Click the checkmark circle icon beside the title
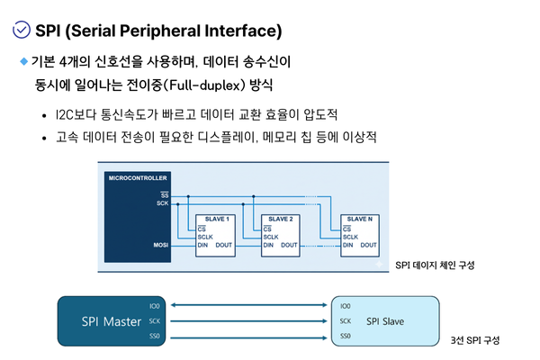(x=22, y=30)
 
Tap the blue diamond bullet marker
(x=23, y=61)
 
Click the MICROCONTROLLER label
(x=138, y=178)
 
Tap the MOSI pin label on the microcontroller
(x=161, y=245)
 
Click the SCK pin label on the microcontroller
(x=163, y=203)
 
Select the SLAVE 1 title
(x=217, y=219)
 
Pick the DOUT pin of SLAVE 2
(x=289, y=245)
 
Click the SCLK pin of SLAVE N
(x=350, y=237)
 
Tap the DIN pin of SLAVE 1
(x=202, y=245)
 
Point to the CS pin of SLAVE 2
(x=267, y=229)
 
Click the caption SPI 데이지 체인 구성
(x=435, y=265)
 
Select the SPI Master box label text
(x=112, y=321)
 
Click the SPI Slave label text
(x=385, y=321)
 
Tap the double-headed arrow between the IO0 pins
(x=248, y=305)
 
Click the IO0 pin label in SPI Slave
(x=345, y=306)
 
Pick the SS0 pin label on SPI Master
(x=155, y=336)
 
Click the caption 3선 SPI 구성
(x=475, y=340)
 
